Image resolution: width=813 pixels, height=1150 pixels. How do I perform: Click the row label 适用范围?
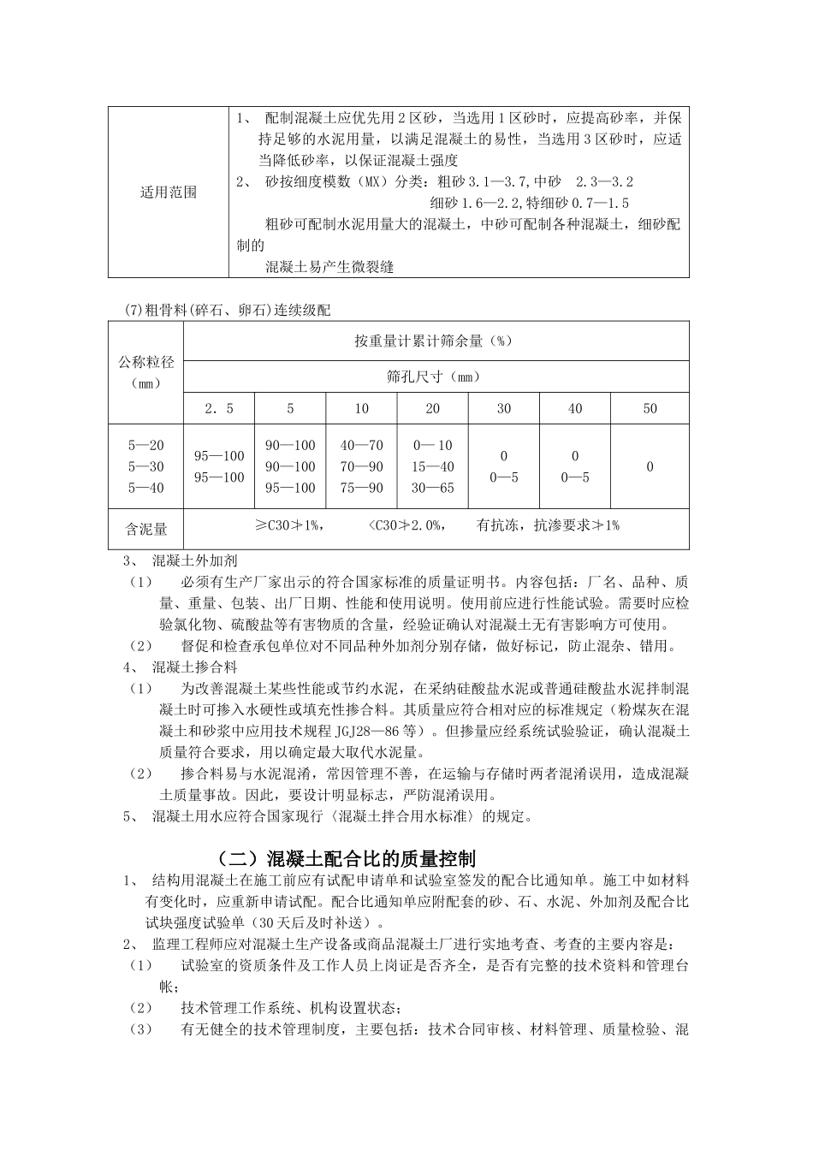click(168, 193)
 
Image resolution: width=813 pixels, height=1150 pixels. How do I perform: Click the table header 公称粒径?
click(145, 362)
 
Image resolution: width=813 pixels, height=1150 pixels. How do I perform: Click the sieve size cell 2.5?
click(218, 408)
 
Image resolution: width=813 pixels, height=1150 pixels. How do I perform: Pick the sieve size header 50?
click(650, 408)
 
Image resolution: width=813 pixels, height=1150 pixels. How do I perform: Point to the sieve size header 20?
click(432, 408)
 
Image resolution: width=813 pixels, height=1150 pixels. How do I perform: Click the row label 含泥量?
click(145, 530)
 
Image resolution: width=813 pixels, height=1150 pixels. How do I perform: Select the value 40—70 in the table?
click(361, 445)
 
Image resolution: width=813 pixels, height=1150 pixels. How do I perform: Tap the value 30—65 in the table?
click(432, 488)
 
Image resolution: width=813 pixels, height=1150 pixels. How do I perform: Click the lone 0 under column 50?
click(650, 466)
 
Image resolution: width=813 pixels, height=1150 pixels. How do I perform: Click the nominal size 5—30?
click(145, 466)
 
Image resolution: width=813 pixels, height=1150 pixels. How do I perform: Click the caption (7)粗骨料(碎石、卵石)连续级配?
click(227, 310)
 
